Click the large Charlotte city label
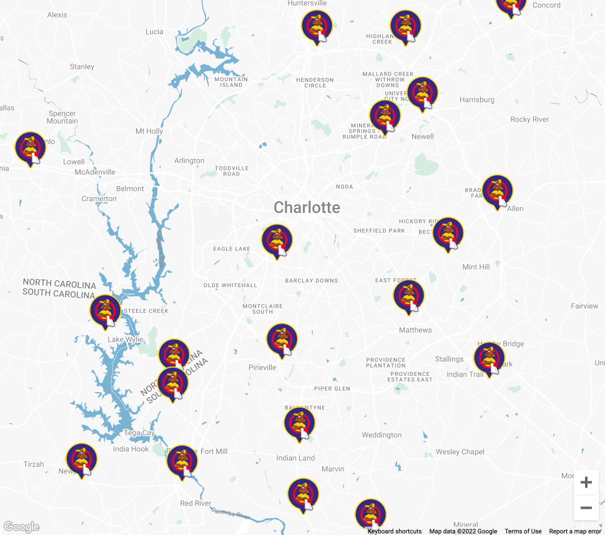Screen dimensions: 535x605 pos(307,207)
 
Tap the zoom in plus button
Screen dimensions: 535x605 pos(586,483)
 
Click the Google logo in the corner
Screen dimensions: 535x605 pos(21,527)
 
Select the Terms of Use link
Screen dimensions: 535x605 pos(523,531)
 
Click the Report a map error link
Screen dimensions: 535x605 pos(575,531)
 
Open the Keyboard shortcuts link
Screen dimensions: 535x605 pos(394,531)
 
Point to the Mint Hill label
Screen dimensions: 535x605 pos(476,267)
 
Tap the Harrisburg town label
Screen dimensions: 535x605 pos(476,99)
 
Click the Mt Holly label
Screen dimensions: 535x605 pos(149,131)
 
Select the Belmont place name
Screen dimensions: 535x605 pos(130,189)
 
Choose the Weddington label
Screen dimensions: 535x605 pos(381,434)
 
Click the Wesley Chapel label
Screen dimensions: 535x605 pos(460,451)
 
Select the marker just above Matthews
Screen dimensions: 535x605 pos(409,296)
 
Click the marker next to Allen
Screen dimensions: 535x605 pos(498,190)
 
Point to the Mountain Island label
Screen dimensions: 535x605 pos(231,82)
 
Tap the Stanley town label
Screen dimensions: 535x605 pos(82,66)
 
